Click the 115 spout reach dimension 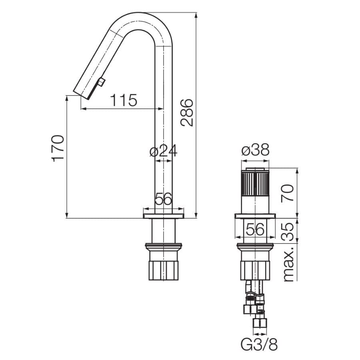(124, 100)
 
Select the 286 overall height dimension (186, 112)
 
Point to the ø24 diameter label (163, 151)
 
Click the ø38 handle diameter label (255, 150)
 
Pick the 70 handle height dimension (287, 193)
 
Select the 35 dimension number (287, 232)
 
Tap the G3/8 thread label (259, 344)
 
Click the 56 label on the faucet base (163, 199)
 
